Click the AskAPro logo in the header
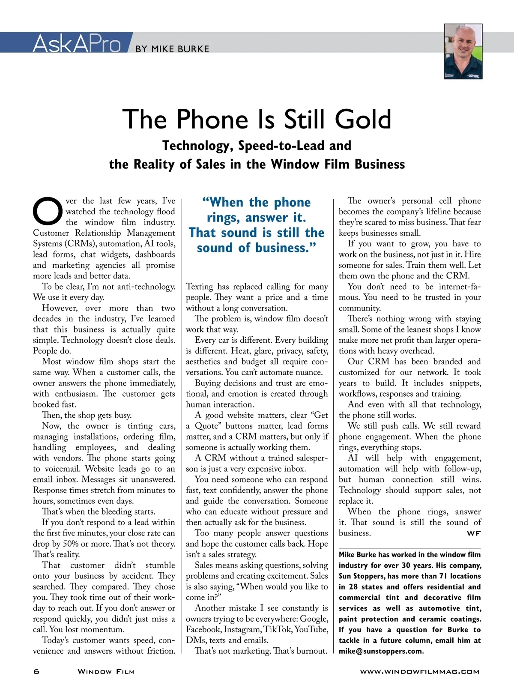[x=77, y=43]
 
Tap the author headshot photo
[x=463, y=52]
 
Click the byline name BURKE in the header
[x=193, y=49]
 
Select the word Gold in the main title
[x=363, y=119]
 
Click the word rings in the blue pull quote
[x=223, y=218]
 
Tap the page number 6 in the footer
[x=36, y=671]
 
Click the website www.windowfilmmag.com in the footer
[x=419, y=671]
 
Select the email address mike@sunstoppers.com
[x=381, y=651]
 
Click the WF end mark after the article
[x=474, y=533]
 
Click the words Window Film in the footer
[x=106, y=671]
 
